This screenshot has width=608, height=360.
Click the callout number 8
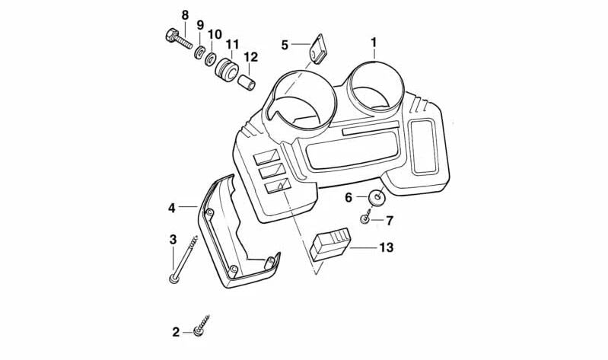[185, 15]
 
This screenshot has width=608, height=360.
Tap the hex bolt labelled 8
[178, 39]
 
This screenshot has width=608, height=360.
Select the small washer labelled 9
[200, 52]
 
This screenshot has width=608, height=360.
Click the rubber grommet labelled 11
[226, 69]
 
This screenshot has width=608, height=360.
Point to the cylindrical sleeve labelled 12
[247, 82]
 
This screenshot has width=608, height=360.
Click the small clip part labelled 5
[317, 49]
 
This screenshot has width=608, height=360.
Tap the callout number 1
[374, 43]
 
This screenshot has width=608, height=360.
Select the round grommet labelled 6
[377, 197]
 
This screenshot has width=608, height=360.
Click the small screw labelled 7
[365, 218]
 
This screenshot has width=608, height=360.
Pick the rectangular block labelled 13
[330, 244]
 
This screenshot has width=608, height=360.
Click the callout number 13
[387, 247]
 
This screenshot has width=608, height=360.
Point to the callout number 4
[171, 208]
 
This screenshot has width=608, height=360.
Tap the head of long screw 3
[173, 278]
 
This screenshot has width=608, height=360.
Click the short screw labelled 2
[201, 325]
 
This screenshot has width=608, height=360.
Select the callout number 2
[176, 332]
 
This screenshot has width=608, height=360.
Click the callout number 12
[250, 57]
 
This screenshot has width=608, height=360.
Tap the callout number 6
[349, 198]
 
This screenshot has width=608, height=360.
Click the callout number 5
[285, 45]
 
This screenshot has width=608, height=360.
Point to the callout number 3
[173, 239]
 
